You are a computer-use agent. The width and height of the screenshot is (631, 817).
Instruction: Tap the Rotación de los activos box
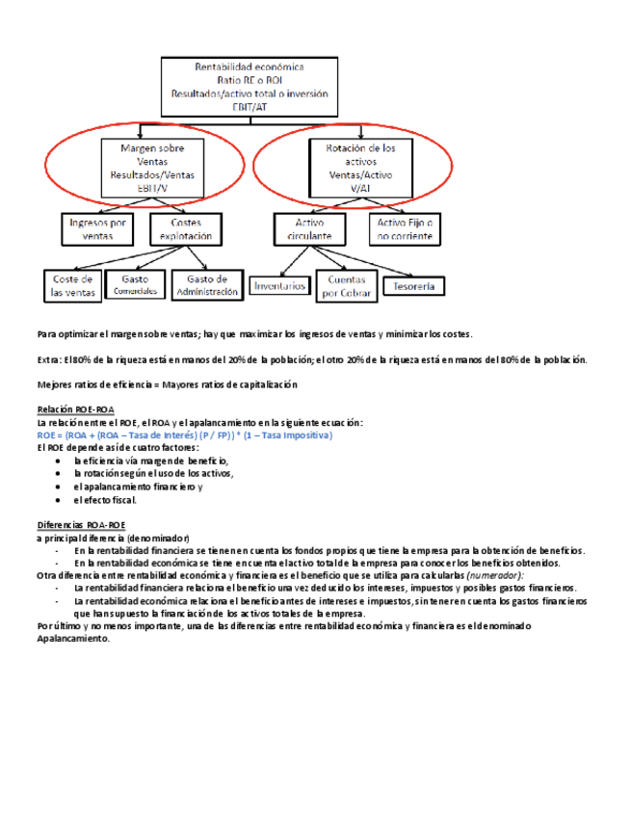coord(354,168)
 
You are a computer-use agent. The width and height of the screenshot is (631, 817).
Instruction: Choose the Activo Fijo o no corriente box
coord(405,228)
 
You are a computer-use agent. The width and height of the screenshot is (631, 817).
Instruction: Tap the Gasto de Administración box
coord(206,285)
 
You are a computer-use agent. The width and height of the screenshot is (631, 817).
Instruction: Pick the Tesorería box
coord(414,286)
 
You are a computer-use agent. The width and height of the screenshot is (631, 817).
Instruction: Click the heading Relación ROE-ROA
coord(75,410)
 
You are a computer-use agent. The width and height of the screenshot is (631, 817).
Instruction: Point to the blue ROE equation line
coord(184,435)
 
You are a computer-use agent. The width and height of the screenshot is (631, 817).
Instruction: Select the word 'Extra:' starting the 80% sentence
coord(47,359)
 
